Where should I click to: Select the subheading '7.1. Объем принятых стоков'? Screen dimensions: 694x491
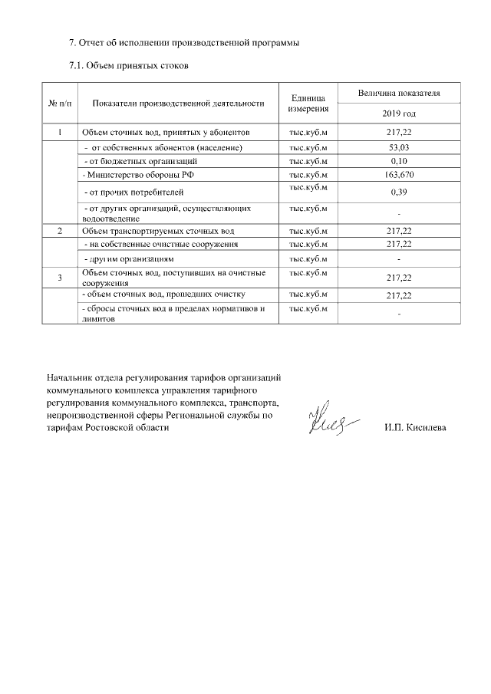click(x=129, y=66)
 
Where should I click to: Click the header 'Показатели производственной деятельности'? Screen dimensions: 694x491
click(x=178, y=103)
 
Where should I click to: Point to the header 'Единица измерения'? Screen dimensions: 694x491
click(x=308, y=103)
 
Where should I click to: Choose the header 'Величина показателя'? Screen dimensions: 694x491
click(x=399, y=93)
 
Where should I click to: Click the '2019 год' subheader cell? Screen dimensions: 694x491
click(x=399, y=113)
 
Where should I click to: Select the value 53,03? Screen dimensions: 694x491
click(x=399, y=147)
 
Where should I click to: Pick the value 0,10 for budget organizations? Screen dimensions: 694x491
click(x=399, y=161)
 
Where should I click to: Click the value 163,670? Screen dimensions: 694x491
click(x=399, y=175)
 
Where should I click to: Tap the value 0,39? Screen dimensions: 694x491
click(x=399, y=192)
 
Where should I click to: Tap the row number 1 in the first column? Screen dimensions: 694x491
click(x=60, y=133)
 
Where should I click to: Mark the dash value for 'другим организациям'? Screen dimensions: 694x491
click(x=399, y=258)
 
